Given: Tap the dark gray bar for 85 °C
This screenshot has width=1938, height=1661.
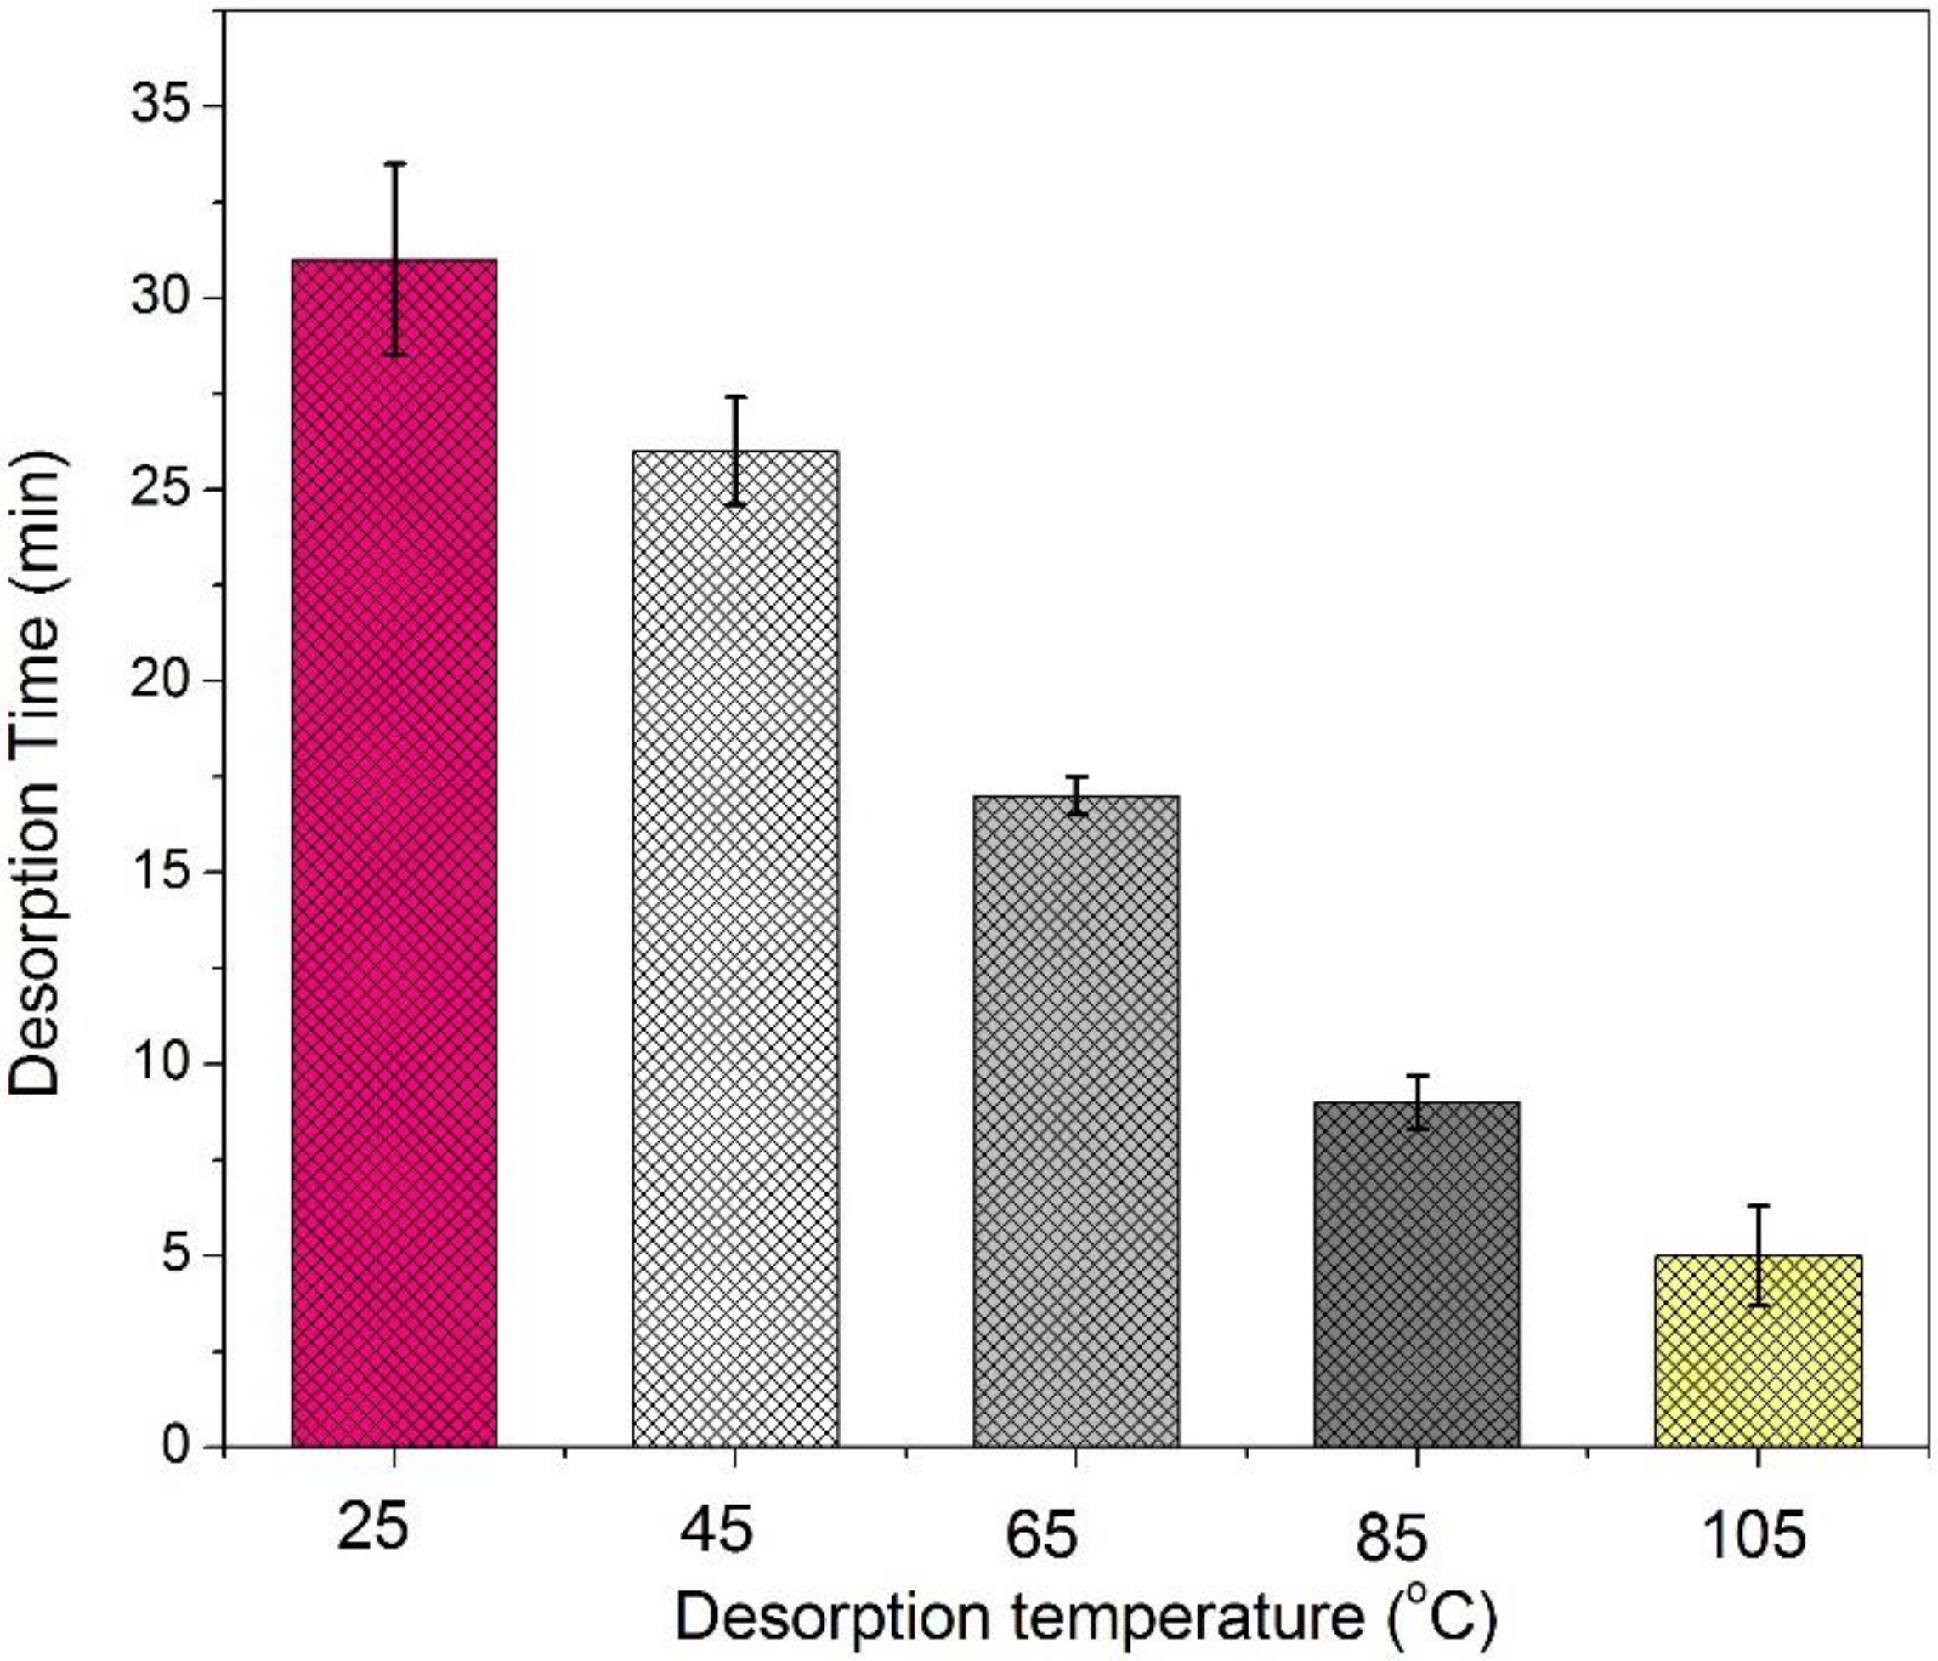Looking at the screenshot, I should click(1417, 1273).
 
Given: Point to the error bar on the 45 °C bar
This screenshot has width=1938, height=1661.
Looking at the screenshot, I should click(736, 450).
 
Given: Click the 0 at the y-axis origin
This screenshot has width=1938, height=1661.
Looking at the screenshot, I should click(178, 1446).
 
